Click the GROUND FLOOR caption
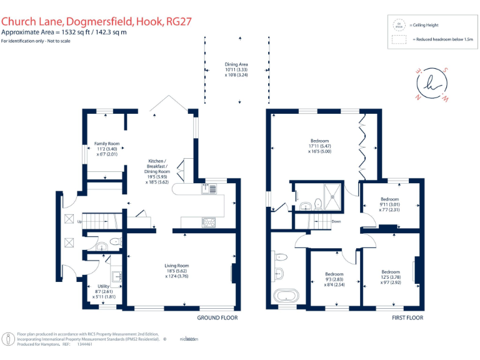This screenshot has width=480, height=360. (x=217, y=317)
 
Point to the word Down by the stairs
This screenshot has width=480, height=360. (x=336, y=221)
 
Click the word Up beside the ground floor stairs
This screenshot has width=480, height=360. (x=80, y=221)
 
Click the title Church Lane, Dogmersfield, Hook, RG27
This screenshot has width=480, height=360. (x=96, y=21)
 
